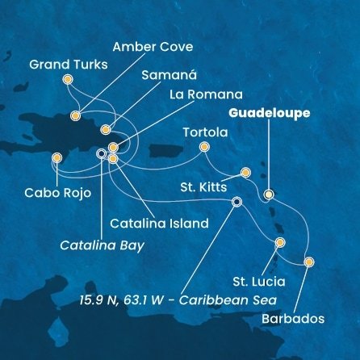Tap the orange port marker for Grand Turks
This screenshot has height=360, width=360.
tap(67, 79)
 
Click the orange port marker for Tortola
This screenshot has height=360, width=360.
tap(204, 146)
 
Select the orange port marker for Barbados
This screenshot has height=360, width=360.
tap(309, 261)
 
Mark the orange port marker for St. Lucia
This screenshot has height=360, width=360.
tap(280, 242)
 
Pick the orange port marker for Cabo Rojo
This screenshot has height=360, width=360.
tap(57, 158)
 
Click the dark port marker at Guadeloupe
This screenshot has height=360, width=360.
tap(269, 194)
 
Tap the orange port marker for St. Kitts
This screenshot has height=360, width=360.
tap(245, 172)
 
